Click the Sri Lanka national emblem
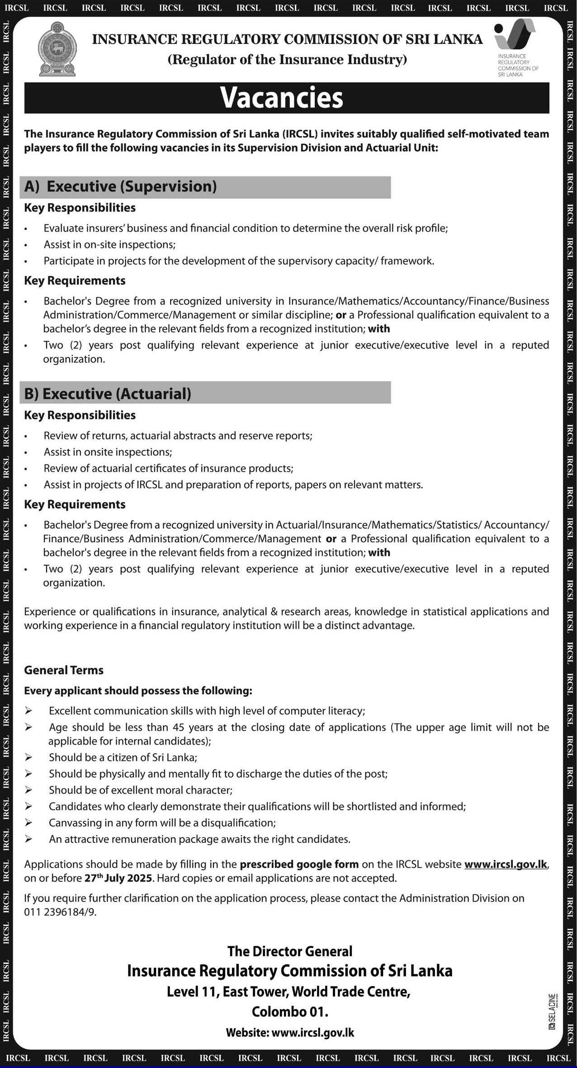point(57,49)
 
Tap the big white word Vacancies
point(282,97)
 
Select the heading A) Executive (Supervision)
point(121,187)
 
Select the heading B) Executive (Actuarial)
point(108,394)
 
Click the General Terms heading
point(64,670)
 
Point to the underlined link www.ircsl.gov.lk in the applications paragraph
point(506,864)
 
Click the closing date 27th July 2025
point(119,878)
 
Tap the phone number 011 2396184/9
point(60,912)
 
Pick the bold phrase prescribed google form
point(299,864)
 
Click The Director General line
point(290,951)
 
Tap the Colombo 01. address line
point(290,1012)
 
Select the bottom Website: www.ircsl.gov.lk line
point(290,1033)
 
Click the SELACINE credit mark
point(552,1011)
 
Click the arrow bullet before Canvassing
point(28,823)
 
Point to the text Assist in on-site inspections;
point(109,245)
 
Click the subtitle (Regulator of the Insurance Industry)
point(287,60)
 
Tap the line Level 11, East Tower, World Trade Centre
point(288,992)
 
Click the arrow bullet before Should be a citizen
point(28,758)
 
